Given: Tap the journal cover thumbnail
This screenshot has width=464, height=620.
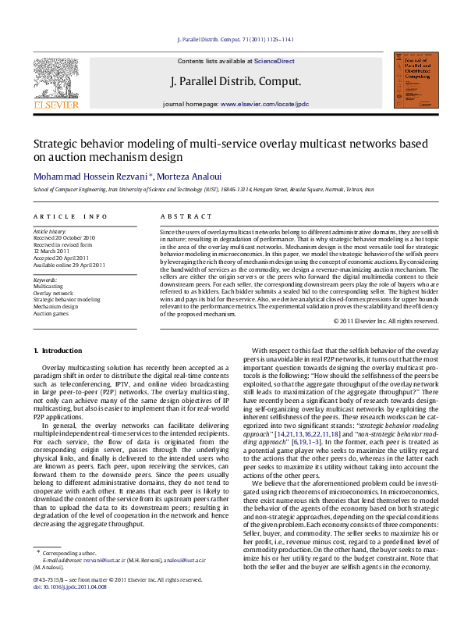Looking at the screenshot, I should point(411,81).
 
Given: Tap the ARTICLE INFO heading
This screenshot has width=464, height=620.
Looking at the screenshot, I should point(70,216).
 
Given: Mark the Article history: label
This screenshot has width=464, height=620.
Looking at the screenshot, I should point(51,232).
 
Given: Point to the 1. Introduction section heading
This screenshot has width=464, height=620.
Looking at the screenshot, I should point(59,351).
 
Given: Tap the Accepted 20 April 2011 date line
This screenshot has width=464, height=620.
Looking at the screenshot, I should point(64,257).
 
